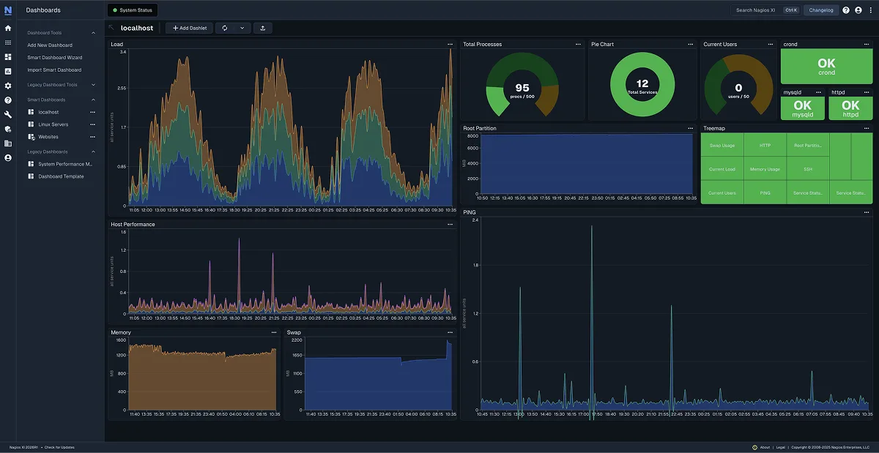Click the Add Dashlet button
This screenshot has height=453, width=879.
coord(190,28)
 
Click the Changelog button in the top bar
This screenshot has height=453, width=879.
coord(821,10)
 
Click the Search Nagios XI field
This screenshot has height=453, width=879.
coord(755,10)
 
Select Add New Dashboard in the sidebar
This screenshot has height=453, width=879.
coord(50,45)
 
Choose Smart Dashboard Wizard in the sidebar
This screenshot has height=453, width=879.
coord(55,57)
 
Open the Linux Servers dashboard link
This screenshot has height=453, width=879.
coord(53,124)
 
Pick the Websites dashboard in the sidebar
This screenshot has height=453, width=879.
coord(48,137)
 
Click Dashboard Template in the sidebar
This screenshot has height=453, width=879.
coord(61,176)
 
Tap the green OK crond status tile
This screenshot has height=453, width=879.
coord(826,67)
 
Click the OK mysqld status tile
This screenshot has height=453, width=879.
coord(803,108)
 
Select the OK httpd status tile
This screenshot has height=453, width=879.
coord(850,108)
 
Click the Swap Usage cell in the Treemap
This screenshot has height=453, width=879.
coord(722,146)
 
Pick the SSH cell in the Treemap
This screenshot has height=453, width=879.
coord(807,169)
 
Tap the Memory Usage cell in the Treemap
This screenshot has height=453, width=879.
coord(765,169)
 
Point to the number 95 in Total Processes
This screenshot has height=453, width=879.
coord(522,88)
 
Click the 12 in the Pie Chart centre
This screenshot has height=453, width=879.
coord(642,83)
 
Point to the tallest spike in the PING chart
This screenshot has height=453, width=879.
coord(592,227)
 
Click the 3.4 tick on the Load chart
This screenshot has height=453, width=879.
coord(122,52)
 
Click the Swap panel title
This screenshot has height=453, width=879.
coord(294,332)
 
